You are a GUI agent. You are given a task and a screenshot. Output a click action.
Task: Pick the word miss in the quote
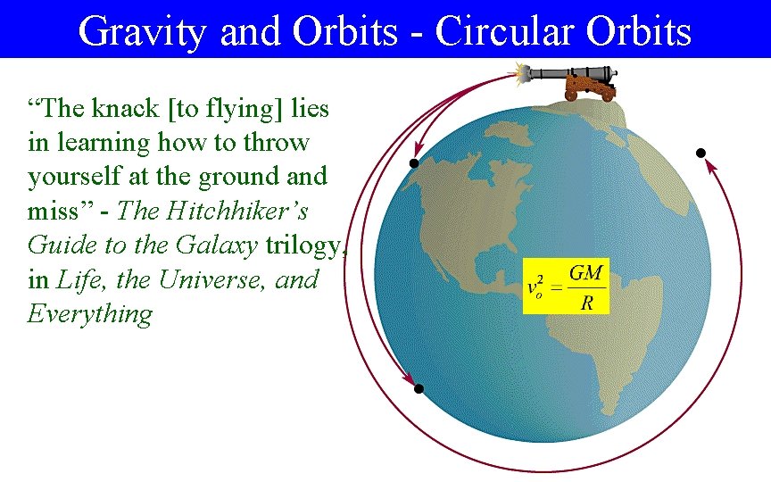pos(52,211)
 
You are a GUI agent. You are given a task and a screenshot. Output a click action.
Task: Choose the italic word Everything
pos(89,314)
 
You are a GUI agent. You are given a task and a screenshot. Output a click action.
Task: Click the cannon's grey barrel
pos(572,74)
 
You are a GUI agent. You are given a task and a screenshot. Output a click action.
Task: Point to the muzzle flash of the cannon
pos(518,72)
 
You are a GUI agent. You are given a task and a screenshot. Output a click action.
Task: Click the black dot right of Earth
pos(701,153)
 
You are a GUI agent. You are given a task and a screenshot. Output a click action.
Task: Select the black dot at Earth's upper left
pos(413,163)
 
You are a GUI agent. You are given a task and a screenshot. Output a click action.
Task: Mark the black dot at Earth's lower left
pos(418,389)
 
